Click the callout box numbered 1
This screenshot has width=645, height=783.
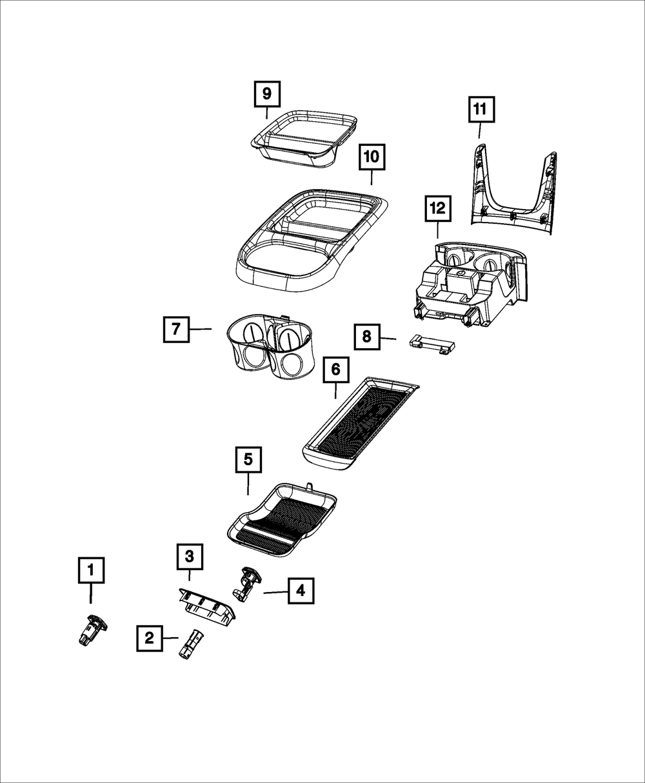[x=91, y=570]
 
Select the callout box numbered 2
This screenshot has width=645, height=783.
[x=149, y=639]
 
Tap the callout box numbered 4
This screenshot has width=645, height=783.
[x=301, y=590]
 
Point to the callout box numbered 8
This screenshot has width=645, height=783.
[x=366, y=336]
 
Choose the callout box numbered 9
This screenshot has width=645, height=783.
[x=266, y=95]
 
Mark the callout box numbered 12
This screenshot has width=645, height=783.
[x=437, y=208]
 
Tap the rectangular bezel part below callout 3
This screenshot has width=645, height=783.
[x=206, y=606]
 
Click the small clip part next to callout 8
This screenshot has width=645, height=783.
[x=431, y=344]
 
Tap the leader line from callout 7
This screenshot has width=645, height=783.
[x=201, y=329]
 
